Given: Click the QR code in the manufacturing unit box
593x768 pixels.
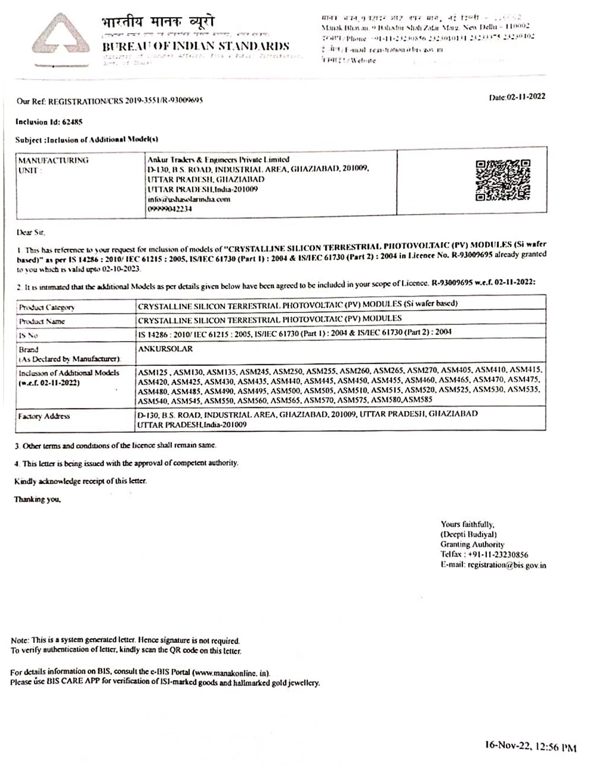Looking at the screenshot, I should [503, 180].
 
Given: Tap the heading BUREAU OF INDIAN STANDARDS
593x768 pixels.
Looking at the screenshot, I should [196, 46].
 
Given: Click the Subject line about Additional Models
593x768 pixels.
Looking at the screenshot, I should [87, 139].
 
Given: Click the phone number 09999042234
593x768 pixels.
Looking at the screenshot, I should [170, 209].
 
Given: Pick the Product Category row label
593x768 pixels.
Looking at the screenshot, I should [47, 307].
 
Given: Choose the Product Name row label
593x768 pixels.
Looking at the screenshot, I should [42, 321].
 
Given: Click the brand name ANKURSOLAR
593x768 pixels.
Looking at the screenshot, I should [165, 349].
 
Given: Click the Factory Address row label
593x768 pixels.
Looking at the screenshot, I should [44, 416].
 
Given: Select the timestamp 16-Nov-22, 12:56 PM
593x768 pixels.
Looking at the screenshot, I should [530, 747].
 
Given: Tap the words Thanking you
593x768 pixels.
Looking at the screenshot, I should [37, 499].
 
